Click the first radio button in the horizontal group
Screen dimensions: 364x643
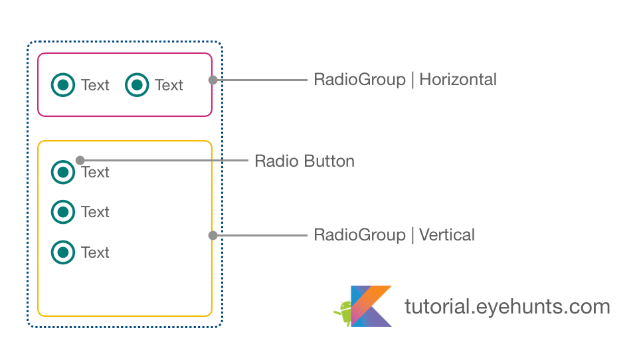click(63, 84)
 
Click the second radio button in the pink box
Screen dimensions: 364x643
click(137, 84)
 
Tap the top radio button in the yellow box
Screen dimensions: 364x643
click(63, 172)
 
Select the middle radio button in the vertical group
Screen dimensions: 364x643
click(63, 212)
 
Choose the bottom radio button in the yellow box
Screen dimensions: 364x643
click(63, 252)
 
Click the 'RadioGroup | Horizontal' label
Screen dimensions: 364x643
click(405, 80)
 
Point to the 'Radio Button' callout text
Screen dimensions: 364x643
click(304, 161)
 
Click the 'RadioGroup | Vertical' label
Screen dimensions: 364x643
click(394, 235)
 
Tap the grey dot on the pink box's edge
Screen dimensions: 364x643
click(213, 80)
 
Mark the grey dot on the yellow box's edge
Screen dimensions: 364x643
click(213, 235)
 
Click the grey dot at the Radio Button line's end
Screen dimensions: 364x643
click(80, 160)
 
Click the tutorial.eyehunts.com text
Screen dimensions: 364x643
click(507, 307)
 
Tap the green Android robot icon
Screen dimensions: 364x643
click(344, 312)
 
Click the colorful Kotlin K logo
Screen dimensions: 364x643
click(371, 306)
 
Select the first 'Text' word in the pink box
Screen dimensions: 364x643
click(95, 85)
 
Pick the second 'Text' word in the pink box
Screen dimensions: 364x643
click(169, 85)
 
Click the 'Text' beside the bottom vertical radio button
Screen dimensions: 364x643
click(95, 252)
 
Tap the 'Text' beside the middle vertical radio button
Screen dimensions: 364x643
click(95, 212)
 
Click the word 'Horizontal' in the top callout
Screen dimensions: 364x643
click(458, 80)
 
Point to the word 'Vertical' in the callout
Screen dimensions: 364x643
click(447, 235)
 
